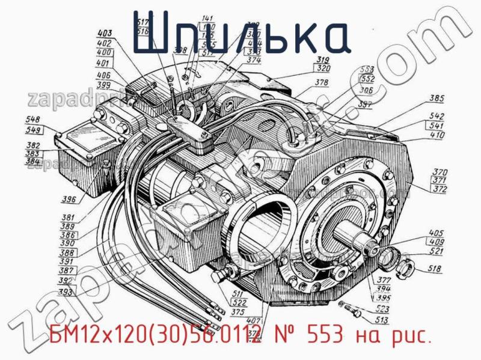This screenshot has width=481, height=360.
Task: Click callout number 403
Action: click(105, 34)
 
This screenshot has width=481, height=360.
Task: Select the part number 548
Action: click(34, 120)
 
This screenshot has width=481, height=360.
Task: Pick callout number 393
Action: click(66, 293)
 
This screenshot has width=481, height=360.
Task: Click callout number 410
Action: click(437, 135)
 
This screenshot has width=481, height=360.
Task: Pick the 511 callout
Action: click(239, 293)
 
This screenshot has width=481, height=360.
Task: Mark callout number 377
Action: click(384, 279)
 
